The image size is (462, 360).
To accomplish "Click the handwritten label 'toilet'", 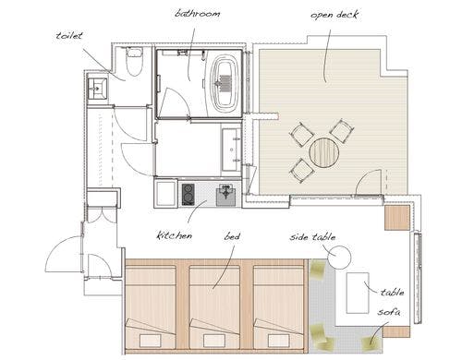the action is tap(69, 35).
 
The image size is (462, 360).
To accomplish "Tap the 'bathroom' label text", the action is tap(198, 14).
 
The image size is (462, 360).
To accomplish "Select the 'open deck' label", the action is tap(334, 15).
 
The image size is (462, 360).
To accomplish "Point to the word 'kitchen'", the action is tap(175, 235).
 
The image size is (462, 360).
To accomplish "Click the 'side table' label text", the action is tap(312, 237).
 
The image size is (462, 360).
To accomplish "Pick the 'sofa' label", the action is tap(389, 312).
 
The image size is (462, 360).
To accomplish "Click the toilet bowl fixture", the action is tap(134, 62).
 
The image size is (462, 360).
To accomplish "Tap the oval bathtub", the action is tap(225, 81).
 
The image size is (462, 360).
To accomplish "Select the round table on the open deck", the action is tap(324, 153).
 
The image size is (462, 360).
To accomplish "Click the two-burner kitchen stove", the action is tap(188, 195).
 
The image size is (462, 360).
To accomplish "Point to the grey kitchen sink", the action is tap(226, 196).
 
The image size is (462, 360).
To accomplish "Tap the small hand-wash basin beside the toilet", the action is tap(97, 89).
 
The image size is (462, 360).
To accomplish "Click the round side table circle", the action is tap(339, 258).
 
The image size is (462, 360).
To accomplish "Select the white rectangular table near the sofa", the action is tap(358, 293).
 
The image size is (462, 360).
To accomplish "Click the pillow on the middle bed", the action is tap(214, 341).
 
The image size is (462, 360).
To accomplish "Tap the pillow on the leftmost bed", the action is tap(151, 341).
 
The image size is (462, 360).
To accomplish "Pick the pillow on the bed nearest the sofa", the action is tap(279, 341).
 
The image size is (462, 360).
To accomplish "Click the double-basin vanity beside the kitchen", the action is tap(232, 150).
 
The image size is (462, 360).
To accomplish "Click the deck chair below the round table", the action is tap(302, 171).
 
